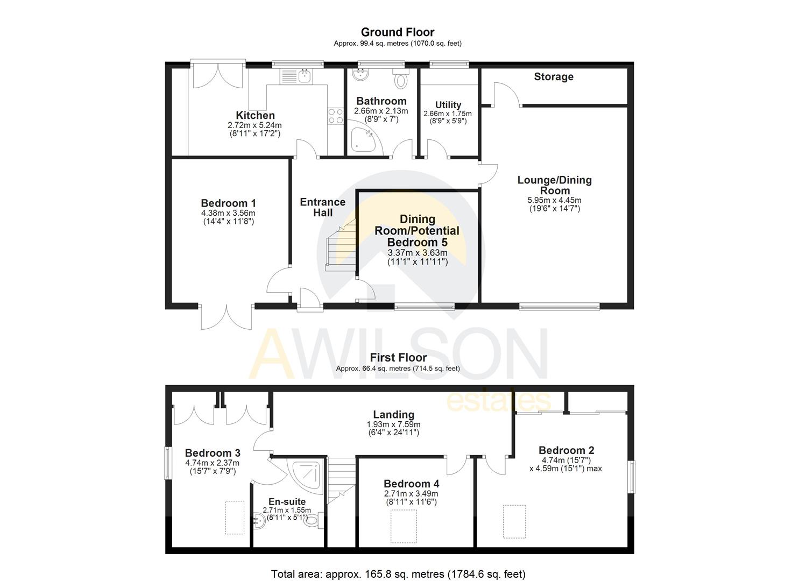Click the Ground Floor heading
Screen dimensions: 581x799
pyautogui.click(x=397, y=32)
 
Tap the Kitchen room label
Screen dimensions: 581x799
pyautogui.click(x=255, y=115)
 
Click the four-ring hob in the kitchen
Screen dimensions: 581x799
pyautogui.click(x=336, y=116)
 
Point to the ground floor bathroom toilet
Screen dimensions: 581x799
pyautogui.click(x=401, y=80)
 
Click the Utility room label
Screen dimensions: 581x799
pyautogui.click(x=448, y=105)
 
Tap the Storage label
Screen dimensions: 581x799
pyautogui.click(x=553, y=77)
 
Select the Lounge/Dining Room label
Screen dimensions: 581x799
pyautogui.click(x=554, y=185)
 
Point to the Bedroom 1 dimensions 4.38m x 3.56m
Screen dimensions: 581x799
pyautogui.click(x=228, y=213)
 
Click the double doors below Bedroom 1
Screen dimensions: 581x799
pyautogui.click(x=227, y=317)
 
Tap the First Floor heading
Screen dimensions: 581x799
pyautogui.click(x=398, y=358)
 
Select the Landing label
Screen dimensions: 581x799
pyautogui.click(x=393, y=415)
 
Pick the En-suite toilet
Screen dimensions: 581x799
pyautogui.click(x=314, y=520)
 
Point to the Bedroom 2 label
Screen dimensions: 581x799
pyautogui.click(x=566, y=450)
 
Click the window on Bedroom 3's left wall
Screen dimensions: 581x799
pyautogui.click(x=167, y=462)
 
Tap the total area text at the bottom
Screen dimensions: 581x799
pyautogui.click(x=398, y=574)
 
